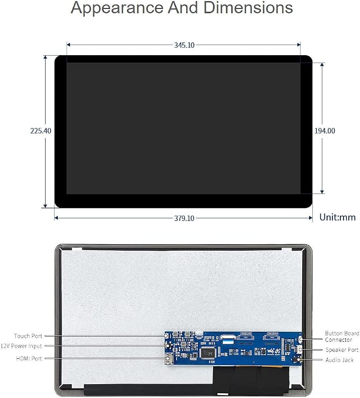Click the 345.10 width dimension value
click(184, 45)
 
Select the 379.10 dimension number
click(184, 218)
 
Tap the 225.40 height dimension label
click(41, 131)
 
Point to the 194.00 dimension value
click(324, 131)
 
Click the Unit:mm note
click(337, 217)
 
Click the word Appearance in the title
click(117, 8)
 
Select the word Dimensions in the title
click(248, 7)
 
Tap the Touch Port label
click(28, 336)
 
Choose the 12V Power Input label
click(21, 346)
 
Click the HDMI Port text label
click(29, 358)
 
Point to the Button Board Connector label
click(342, 337)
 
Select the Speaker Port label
click(342, 350)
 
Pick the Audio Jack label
click(339, 360)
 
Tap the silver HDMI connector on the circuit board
click(169, 359)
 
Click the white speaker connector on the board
click(300, 350)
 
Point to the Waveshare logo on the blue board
click(274, 351)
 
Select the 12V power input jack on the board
click(168, 346)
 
